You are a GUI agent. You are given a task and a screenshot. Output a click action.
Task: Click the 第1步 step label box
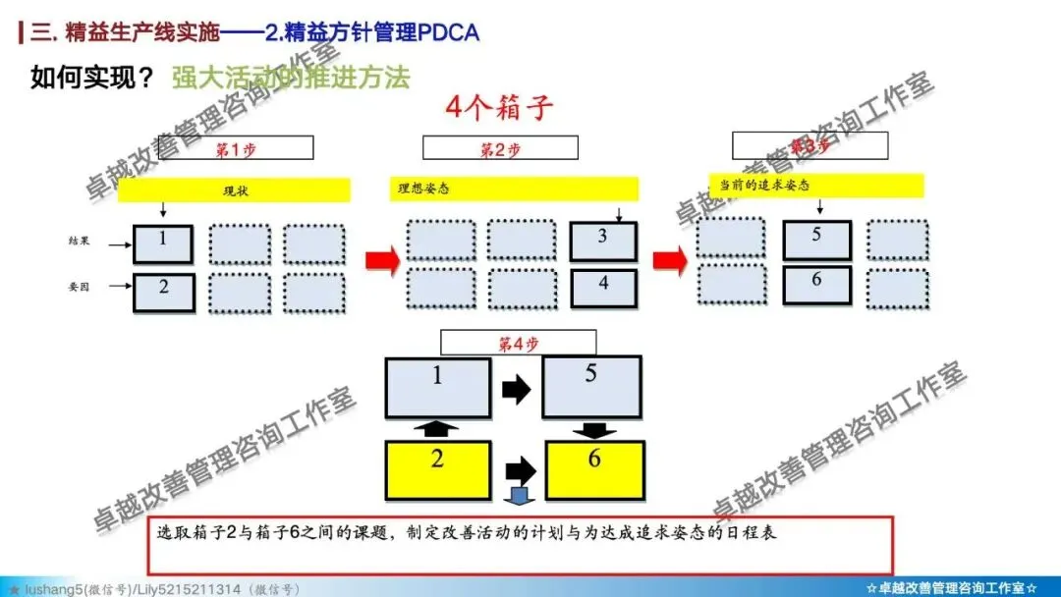[x=242, y=148]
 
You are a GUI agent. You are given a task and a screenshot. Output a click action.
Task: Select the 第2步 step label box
[x=501, y=148]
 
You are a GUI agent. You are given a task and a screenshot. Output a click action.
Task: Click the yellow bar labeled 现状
[x=234, y=190]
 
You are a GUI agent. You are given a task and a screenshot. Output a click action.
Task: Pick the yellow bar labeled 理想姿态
[x=513, y=188]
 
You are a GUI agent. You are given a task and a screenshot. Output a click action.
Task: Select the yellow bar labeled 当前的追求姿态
[x=816, y=185]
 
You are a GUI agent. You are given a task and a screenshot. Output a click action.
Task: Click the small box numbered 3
[x=603, y=242]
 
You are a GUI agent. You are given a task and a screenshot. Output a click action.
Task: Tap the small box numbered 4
[x=603, y=287]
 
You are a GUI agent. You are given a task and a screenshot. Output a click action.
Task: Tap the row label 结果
[x=79, y=241]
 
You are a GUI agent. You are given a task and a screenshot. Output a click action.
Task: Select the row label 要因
[x=79, y=288]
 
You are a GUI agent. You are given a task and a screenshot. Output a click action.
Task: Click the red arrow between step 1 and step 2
[x=382, y=260]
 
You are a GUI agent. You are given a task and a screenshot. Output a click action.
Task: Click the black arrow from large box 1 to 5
[x=516, y=390]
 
